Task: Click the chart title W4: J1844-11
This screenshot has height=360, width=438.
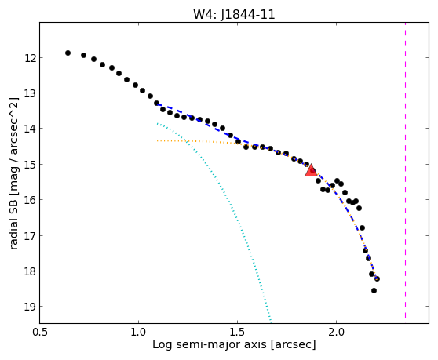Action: pyautogui.click(x=234, y=14)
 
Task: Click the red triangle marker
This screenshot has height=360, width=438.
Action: pyautogui.click(x=311, y=170)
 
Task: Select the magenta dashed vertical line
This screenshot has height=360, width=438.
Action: pyautogui.click(x=405, y=170)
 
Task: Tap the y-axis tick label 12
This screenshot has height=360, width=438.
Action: pyautogui.click(x=30, y=58)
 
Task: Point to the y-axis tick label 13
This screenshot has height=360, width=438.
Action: pyautogui.click(x=30, y=93)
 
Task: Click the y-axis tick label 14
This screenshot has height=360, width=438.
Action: pyautogui.click(x=30, y=129)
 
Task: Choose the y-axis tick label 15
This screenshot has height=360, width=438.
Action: pyautogui.click(x=30, y=165)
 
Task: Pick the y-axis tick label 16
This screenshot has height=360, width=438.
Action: pyautogui.click(x=30, y=200)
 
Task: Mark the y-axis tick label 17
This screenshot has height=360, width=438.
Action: pyautogui.click(x=30, y=236)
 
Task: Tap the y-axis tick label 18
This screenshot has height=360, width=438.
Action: pyautogui.click(x=30, y=271)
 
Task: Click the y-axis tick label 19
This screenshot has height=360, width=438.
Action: pyautogui.click(x=30, y=307)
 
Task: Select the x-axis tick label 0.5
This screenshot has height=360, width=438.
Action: pyautogui.click(x=40, y=333)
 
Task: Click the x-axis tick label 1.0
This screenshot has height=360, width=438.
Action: pyautogui.click(x=139, y=333)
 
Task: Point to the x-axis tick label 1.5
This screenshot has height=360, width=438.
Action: pyautogui.click(x=237, y=333)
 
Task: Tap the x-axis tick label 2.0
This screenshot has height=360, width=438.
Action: pyautogui.click(x=336, y=333)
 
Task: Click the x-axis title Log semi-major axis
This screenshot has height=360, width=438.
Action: pyautogui.click(x=210, y=345)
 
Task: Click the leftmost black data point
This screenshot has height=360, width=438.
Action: pyautogui.click(x=68, y=53)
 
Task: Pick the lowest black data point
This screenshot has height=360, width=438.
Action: pyautogui.click(x=374, y=290)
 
